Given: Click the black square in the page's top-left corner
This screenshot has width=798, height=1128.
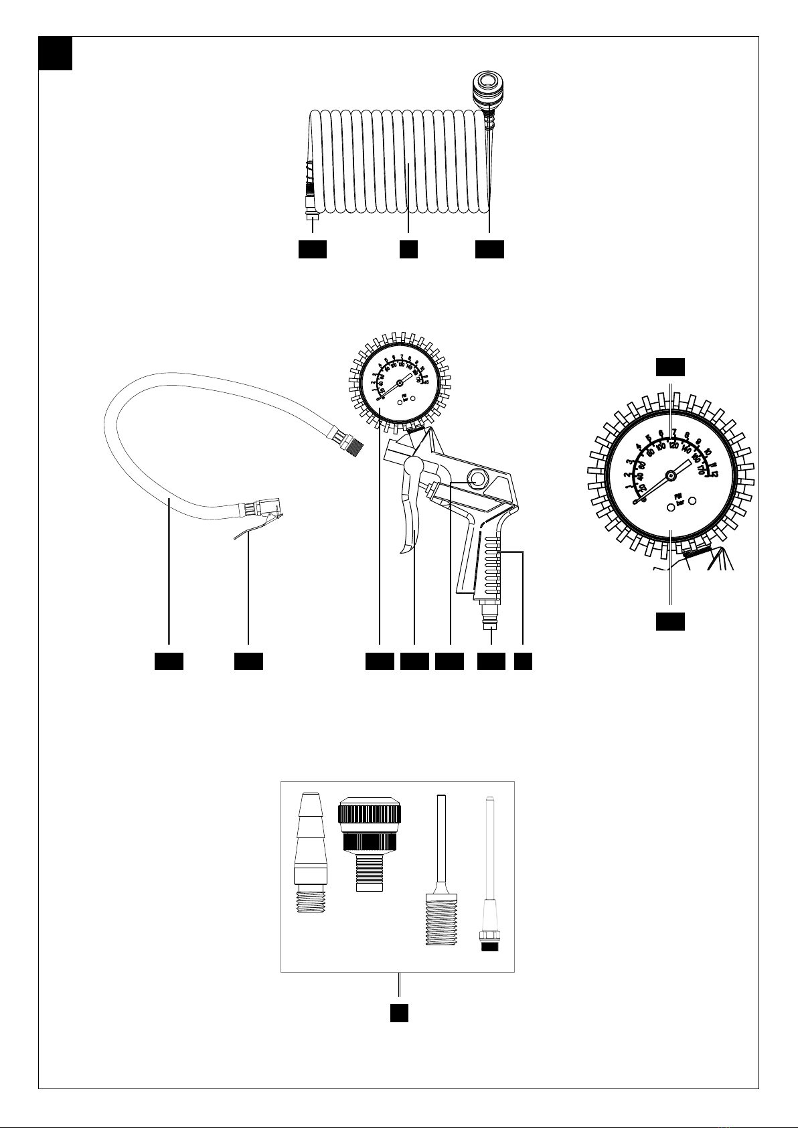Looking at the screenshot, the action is click(x=55, y=53).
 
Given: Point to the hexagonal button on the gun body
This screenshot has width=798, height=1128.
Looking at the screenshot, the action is click(x=476, y=479).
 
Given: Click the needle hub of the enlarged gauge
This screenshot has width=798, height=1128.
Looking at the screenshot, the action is click(x=669, y=475).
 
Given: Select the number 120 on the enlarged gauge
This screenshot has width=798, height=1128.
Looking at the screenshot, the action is click(x=673, y=445).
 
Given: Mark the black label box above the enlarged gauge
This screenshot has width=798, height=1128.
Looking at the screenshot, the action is click(x=669, y=367).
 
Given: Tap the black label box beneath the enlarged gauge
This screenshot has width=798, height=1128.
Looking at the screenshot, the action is click(x=669, y=621).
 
